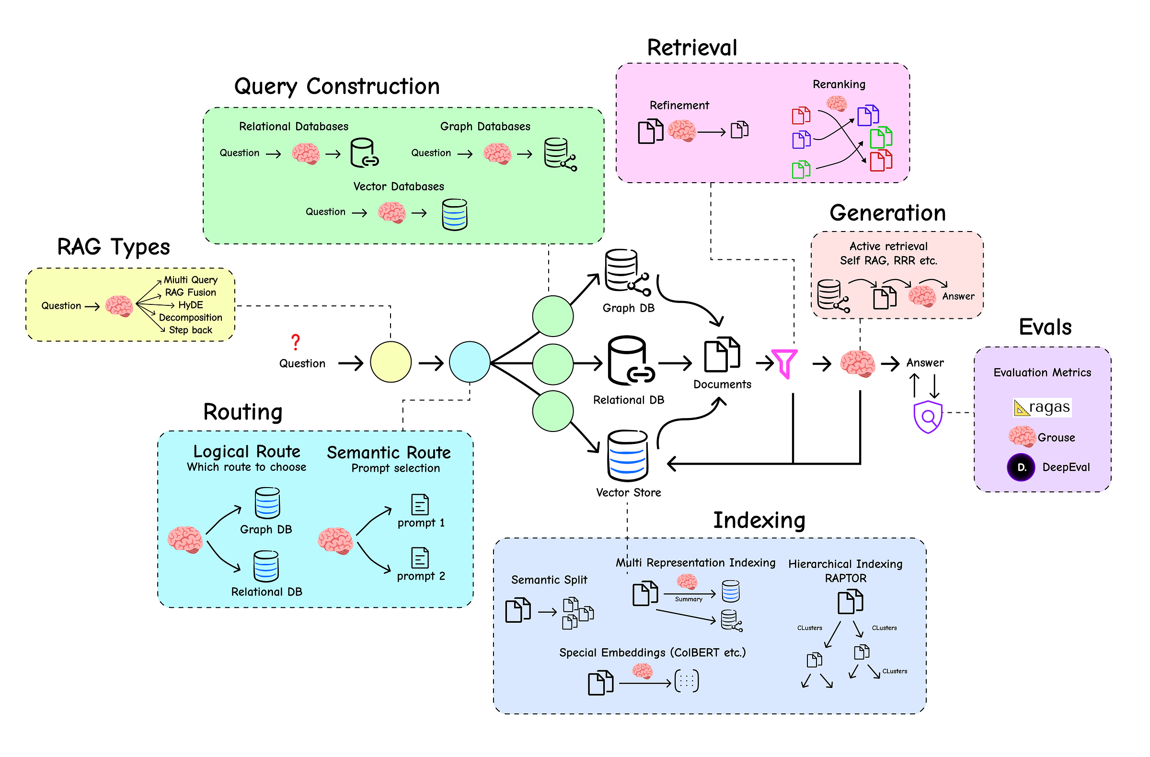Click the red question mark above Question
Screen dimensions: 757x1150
(296, 342)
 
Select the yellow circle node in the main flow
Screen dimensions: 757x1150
(391, 362)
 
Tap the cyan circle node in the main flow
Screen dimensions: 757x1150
(470, 362)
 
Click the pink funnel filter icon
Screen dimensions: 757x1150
(784, 363)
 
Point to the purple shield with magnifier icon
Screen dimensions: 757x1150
(928, 417)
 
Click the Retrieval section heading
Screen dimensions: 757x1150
(692, 48)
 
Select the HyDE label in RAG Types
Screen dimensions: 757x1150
(191, 305)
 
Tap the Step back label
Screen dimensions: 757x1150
(190, 330)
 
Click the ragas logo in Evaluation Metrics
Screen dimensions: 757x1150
(1042, 408)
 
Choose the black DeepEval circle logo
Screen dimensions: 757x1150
(1021, 467)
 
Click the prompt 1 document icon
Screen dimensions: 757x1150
(420, 505)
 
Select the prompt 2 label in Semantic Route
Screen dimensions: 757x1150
(421, 576)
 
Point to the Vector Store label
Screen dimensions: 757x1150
(628, 492)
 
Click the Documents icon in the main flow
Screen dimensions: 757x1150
(722, 355)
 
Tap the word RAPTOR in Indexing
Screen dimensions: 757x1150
(846, 578)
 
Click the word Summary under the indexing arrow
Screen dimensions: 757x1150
(689, 599)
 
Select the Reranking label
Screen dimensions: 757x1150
(839, 84)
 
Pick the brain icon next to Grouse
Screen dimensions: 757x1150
(1022, 436)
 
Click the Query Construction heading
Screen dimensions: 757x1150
(337, 86)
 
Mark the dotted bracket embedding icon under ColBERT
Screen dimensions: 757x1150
(687, 682)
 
